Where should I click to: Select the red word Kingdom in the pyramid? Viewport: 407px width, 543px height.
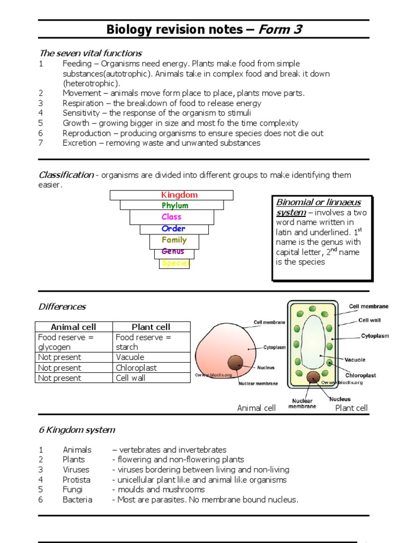[x=179, y=195]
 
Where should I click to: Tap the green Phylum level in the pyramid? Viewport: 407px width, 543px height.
[x=175, y=206]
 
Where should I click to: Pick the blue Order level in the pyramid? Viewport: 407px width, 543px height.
[x=173, y=229]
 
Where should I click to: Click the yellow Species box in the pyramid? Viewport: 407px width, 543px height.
[x=174, y=264]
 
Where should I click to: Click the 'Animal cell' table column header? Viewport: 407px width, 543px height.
[x=74, y=327]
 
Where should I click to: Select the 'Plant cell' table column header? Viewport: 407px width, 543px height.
[x=151, y=327]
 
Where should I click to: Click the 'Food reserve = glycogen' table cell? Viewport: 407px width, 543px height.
[x=74, y=342]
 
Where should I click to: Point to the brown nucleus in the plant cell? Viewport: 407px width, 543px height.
[x=313, y=377]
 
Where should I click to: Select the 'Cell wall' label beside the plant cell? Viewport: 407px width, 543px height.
[x=369, y=320]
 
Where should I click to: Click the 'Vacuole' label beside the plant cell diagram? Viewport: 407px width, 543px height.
[x=355, y=360]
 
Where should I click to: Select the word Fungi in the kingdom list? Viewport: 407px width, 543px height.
[x=73, y=489]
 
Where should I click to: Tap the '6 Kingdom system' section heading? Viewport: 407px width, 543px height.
[x=77, y=430]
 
